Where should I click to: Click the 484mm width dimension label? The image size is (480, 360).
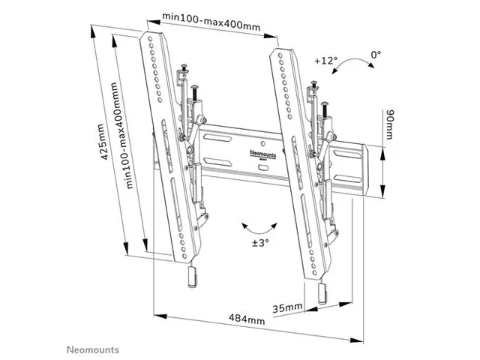click(x=247, y=319)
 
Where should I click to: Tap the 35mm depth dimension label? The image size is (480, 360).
click(x=287, y=307)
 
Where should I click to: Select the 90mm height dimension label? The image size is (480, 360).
click(x=390, y=124)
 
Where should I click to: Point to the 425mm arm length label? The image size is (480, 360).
click(x=104, y=142)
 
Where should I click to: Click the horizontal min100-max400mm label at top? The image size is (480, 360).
click(x=211, y=22)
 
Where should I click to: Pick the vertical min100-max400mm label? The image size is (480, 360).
click(x=121, y=135)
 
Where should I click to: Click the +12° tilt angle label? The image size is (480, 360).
click(x=326, y=60)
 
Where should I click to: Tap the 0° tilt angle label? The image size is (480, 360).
click(x=376, y=55)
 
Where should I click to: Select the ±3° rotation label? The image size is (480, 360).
click(x=260, y=243)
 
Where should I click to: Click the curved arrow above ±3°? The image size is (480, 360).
click(x=259, y=232)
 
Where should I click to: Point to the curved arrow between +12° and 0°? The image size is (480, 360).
click(x=352, y=61)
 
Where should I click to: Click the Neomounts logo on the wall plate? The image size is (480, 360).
click(x=263, y=154)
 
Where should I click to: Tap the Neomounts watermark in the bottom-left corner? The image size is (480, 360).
click(x=93, y=349)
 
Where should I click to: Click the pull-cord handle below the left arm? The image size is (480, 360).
click(x=193, y=277)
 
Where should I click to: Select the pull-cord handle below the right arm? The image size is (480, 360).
click(x=323, y=293)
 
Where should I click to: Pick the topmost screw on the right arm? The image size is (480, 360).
click(x=313, y=85)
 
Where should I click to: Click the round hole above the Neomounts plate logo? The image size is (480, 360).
click(x=263, y=143)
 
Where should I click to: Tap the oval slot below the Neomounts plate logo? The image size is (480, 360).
click(x=263, y=168)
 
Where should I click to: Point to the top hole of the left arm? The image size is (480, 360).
click(x=150, y=39)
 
